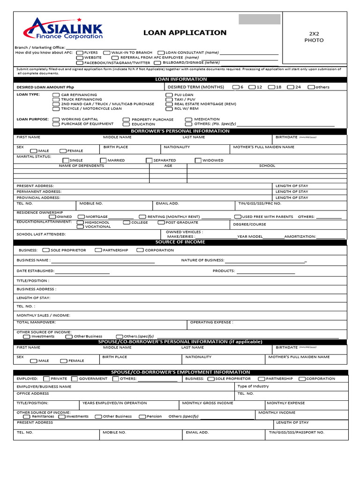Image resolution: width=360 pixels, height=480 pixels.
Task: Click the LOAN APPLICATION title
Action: pyautogui.click(x=185, y=33)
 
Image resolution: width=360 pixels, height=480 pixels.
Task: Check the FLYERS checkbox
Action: pyautogui.click(x=80, y=53)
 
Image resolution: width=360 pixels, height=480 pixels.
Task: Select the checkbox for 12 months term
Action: pyautogui.click(x=252, y=87)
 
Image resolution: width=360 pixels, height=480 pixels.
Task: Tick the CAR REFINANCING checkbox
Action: pyautogui.click(x=56, y=95)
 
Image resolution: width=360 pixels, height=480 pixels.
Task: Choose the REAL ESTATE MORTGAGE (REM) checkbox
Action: pyautogui.click(x=169, y=104)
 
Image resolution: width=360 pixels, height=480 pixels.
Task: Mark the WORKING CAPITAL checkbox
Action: pyautogui.click(x=56, y=120)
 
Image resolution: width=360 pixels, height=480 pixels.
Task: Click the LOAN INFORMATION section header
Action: pyautogui.click(x=180, y=80)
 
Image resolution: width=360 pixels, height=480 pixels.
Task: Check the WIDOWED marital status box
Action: pyautogui.click(x=198, y=160)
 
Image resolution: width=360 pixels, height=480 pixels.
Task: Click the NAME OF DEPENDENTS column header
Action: pyautogui.click(x=82, y=166)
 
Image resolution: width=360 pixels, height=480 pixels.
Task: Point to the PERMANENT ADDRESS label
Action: pyautogui.click(x=39, y=192)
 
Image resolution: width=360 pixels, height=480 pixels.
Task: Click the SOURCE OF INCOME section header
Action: pyautogui.click(x=180, y=242)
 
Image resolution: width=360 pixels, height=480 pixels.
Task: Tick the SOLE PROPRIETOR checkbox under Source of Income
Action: pyautogui.click(x=45, y=250)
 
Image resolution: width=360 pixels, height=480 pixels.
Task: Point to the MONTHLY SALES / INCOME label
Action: pyautogui.click(x=43, y=315)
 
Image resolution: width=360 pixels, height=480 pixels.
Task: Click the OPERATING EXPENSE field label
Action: pyautogui.click(x=211, y=322)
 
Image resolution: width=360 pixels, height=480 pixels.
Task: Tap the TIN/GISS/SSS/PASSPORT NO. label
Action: pyautogui.click(x=296, y=433)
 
